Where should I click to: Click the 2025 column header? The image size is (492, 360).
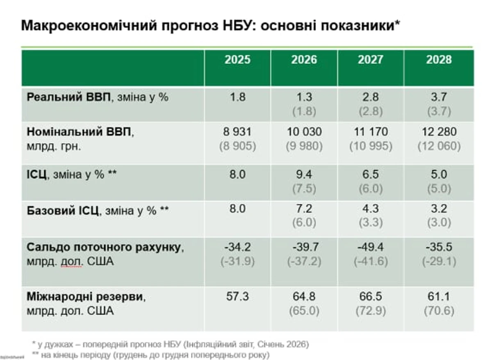point(237,60)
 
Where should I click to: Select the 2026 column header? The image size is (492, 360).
point(304,60)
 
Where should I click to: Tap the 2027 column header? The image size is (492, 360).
point(371,60)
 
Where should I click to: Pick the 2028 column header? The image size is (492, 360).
point(438,60)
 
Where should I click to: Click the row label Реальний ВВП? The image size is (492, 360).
point(69,98)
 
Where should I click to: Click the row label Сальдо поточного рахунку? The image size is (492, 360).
point(105,247)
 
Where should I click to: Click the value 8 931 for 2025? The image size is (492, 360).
point(237,132)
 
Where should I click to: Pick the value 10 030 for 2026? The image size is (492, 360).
point(304,132)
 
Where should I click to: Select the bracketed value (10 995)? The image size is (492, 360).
point(371,146)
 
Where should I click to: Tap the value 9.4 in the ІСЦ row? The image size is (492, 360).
point(304,175)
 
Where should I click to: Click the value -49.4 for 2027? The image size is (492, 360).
point(371,247)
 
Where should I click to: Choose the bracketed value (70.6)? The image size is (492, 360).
point(438,311)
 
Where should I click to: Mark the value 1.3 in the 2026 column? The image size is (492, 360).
point(304,98)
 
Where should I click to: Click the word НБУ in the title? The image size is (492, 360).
point(238,26)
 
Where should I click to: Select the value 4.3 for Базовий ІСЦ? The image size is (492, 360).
point(371,209)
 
